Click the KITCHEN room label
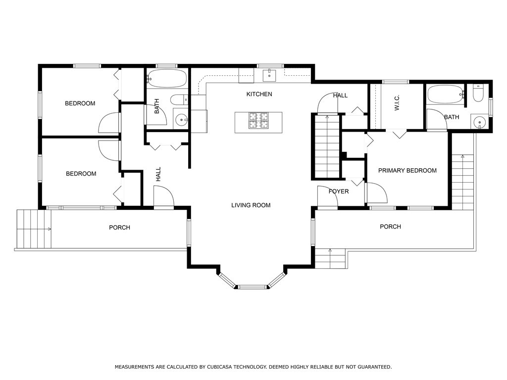[259, 94]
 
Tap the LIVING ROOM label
[251, 205]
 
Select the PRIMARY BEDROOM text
[407, 171]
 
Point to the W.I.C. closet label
[397, 103]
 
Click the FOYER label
[339, 191]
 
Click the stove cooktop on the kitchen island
[258, 121]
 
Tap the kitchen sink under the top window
[269, 76]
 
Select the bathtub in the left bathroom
[166, 78]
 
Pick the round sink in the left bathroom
[181, 120]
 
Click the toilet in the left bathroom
[179, 99]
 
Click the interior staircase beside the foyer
[327, 146]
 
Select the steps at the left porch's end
[34, 229]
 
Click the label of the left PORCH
[120, 228]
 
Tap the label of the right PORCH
[390, 227]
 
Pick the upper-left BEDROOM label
[80, 103]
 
